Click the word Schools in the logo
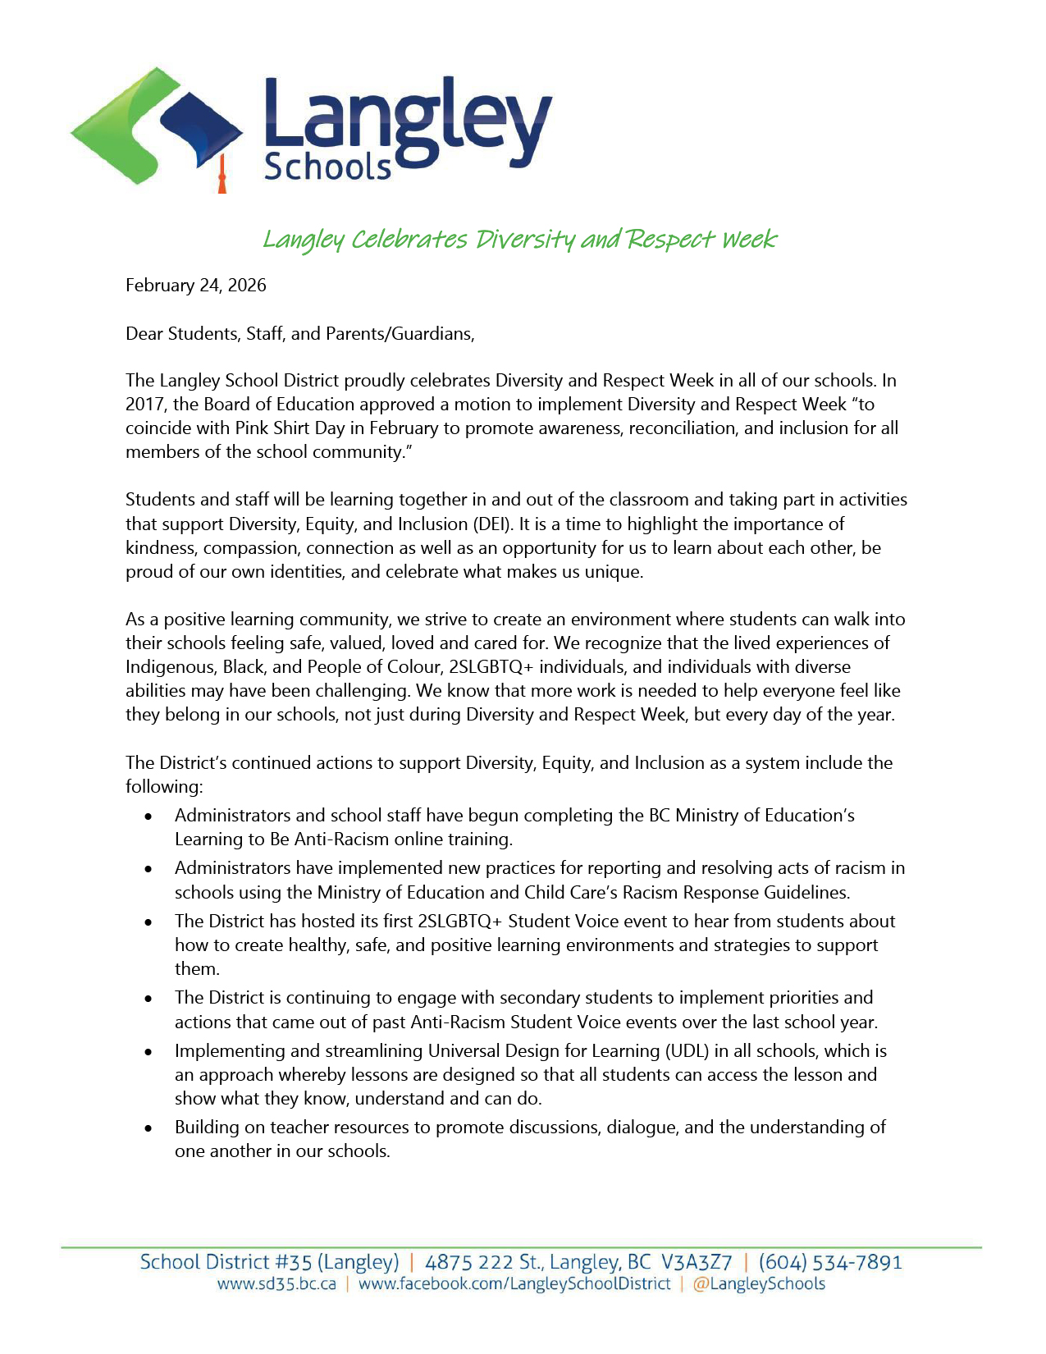pyautogui.click(x=327, y=167)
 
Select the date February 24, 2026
pyautogui.click(x=196, y=286)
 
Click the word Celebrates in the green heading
pyautogui.click(x=409, y=240)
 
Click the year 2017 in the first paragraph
pyautogui.click(x=144, y=405)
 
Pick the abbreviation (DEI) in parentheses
pyautogui.click(x=491, y=524)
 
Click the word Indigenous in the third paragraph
pyautogui.click(x=171, y=667)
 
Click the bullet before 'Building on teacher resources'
pyautogui.click(x=148, y=1128)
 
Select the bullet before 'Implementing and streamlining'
pyautogui.click(x=148, y=1052)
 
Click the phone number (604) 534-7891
pyautogui.click(x=829, y=1262)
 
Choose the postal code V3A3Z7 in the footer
pyautogui.click(x=697, y=1262)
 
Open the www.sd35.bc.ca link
pyautogui.click(x=276, y=1284)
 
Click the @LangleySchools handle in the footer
pyautogui.click(x=759, y=1284)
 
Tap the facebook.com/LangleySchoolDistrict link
pyautogui.click(x=514, y=1284)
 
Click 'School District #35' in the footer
pyautogui.click(x=226, y=1262)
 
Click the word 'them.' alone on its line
pyautogui.click(x=197, y=969)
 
